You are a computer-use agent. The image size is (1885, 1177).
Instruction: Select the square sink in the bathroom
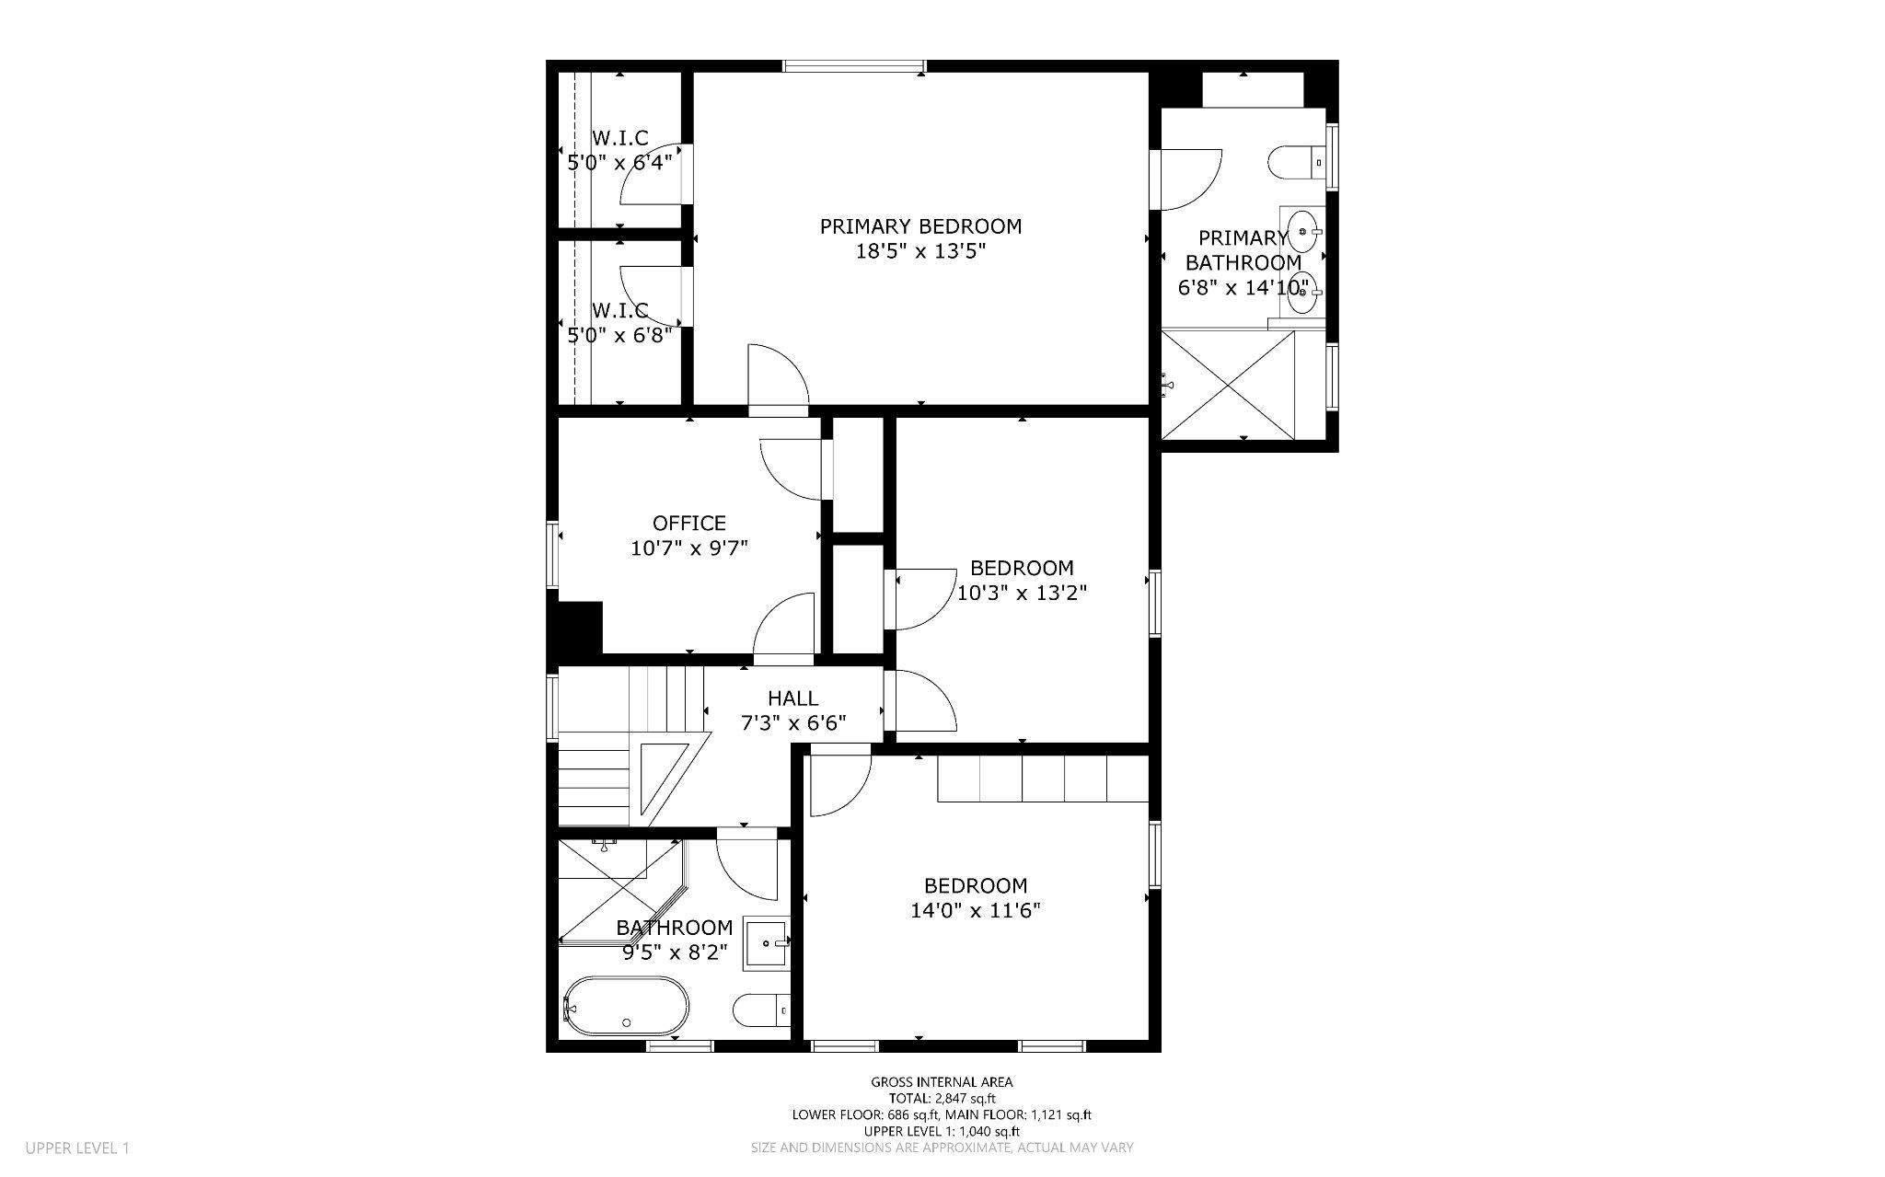coord(766,943)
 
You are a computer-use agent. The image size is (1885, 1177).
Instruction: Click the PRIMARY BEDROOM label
coord(920,226)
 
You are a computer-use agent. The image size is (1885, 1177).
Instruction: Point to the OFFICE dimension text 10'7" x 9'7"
coord(688,548)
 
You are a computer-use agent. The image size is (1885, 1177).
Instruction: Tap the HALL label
coord(792,698)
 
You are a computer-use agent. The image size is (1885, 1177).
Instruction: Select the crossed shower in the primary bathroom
coord(1228,384)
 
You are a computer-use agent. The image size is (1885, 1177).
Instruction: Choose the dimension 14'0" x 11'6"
coord(976,911)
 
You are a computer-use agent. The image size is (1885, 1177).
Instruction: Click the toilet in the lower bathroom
coord(760,1010)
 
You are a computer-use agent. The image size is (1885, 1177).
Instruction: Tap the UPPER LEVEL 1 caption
coord(77,1148)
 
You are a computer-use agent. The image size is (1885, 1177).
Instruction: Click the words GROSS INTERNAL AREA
coord(942,1082)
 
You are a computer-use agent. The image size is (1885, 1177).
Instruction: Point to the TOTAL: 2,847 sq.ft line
coord(942,1098)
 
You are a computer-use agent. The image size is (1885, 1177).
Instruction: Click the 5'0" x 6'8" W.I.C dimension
coord(619,335)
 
